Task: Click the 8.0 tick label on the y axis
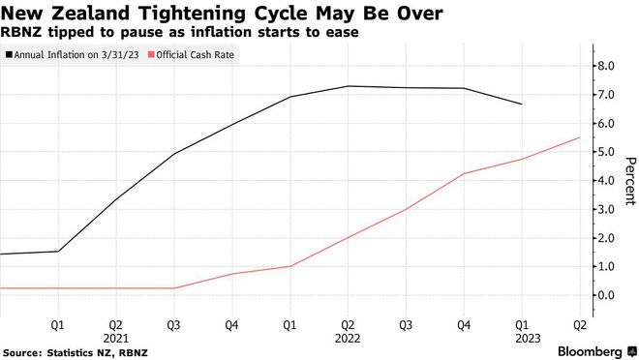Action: [x=606, y=66]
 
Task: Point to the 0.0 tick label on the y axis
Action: [x=606, y=295]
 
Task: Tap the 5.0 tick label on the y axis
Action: [x=606, y=152]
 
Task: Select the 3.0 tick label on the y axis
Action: [x=606, y=209]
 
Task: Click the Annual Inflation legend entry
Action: [x=73, y=55]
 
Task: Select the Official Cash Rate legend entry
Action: [x=192, y=55]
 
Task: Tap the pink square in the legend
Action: [x=151, y=54]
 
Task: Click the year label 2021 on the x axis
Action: [x=116, y=339]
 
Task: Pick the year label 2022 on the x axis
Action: [x=348, y=339]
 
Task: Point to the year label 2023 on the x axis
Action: [x=529, y=339]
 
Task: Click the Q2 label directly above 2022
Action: [x=348, y=325]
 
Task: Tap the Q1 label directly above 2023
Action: [x=522, y=325]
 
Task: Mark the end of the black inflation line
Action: [x=522, y=105]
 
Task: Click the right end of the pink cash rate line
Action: [x=580, y=137]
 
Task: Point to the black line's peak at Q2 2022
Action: [x=348, y=86]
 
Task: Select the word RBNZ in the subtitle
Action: [x=20, y=32]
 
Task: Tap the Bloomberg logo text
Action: [x=590, y=351]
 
